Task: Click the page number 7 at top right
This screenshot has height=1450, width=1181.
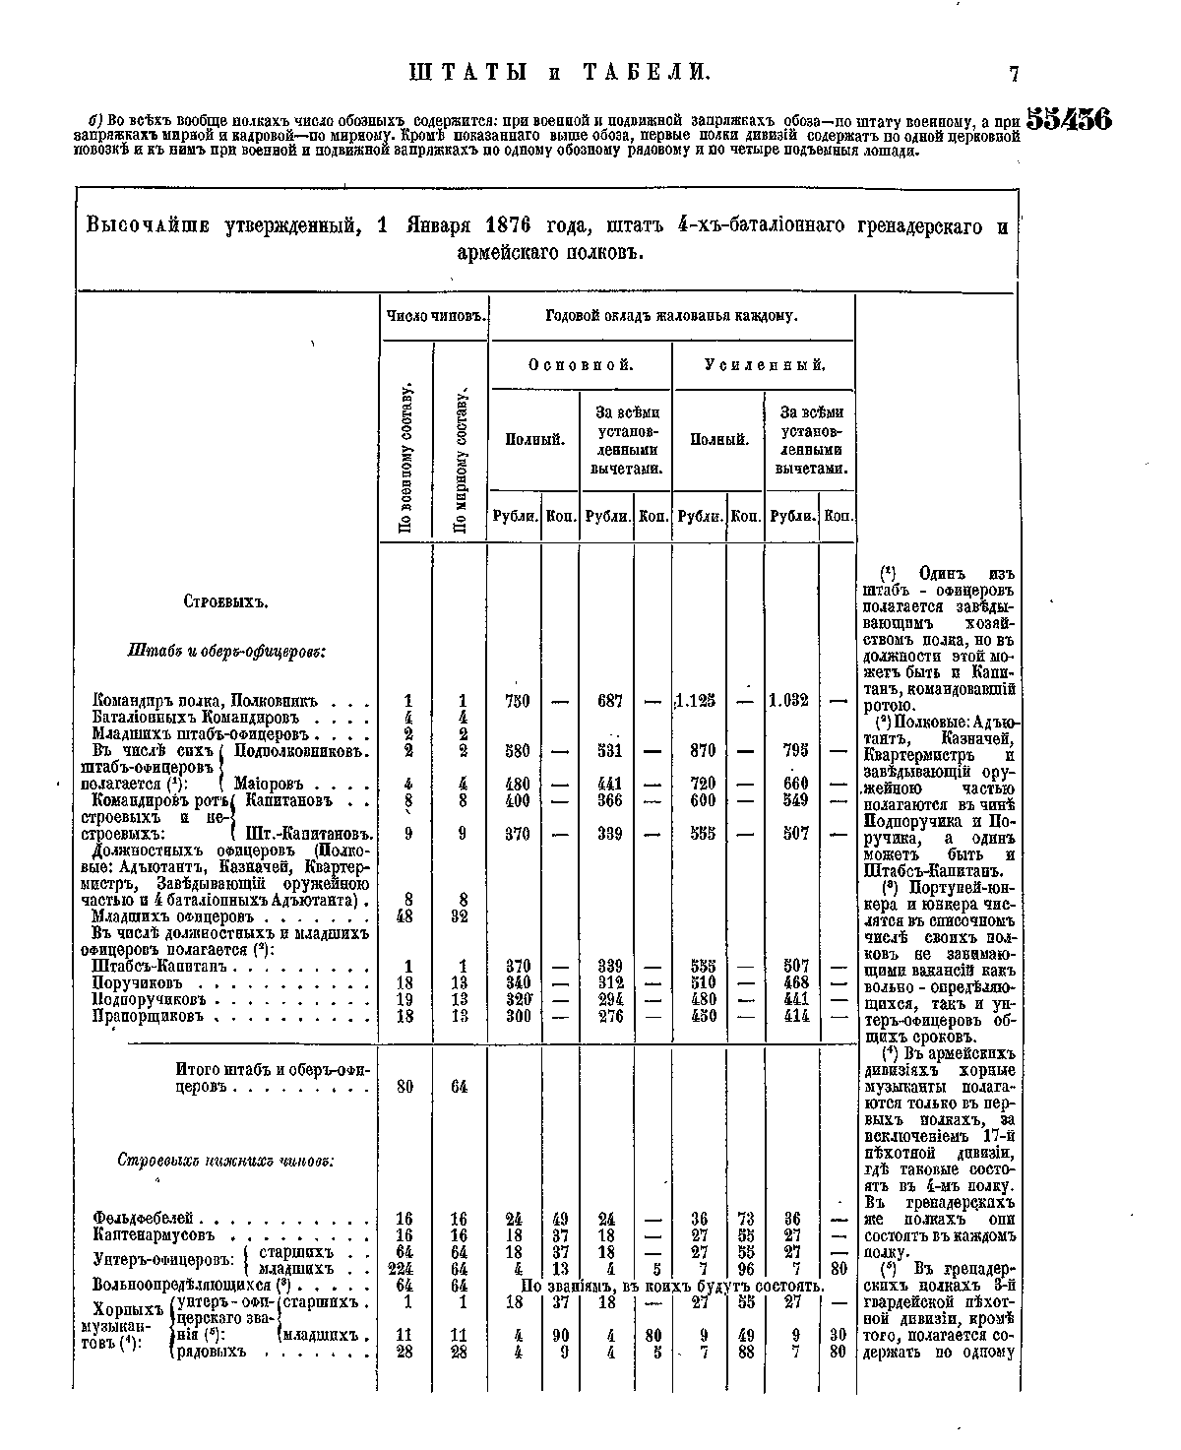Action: (1014, 73)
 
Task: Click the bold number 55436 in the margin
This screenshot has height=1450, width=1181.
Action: (1069, 119)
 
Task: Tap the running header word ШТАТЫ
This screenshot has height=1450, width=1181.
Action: (467, 73)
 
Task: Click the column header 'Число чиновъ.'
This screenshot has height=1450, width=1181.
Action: (434, 316)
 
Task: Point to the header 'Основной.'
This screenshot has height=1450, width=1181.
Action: (581, 365)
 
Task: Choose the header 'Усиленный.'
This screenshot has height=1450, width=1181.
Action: (765, 365)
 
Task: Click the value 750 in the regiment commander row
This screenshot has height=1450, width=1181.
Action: (517, 701)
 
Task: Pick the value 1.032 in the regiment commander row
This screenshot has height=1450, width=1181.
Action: (789, 701)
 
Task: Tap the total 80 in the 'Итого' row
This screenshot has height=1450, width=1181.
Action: (404, 1087)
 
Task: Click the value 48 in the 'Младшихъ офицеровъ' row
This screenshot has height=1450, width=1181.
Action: (404, 915)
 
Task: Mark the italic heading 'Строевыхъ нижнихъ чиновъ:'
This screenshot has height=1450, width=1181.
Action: (226, 1160)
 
